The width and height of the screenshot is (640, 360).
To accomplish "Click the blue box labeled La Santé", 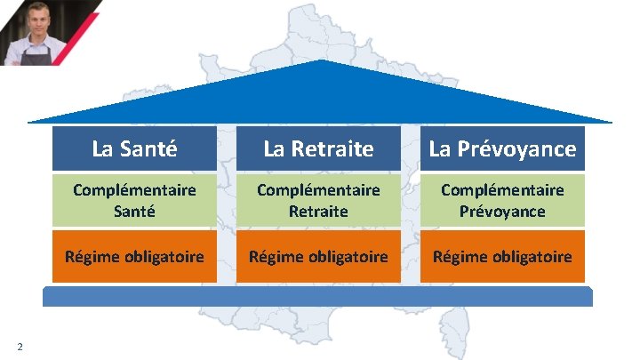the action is tap(134, 148).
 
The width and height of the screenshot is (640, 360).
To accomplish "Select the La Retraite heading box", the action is tap(318, 148).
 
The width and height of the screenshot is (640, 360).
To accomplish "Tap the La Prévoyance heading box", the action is tap(502, 148).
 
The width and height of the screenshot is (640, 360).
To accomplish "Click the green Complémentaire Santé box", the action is tap(134, 201).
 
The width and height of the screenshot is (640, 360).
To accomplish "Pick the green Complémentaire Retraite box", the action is tap(318, 201).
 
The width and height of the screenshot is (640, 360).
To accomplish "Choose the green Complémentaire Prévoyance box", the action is tap(502, 201).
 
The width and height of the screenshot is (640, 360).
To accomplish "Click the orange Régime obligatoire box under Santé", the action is tap(134, 257).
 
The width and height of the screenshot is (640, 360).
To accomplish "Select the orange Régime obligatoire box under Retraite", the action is tap(318, 257).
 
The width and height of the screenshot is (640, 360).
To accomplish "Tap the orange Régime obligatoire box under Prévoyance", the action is tap(502, 257).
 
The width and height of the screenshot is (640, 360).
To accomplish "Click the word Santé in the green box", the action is tap(134, 212).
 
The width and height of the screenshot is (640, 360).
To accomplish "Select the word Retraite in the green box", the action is tap(318, 212).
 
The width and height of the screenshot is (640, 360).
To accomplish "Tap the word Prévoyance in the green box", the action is tap(502, 212).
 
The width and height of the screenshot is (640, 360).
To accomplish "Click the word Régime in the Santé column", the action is tap(89, 257).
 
